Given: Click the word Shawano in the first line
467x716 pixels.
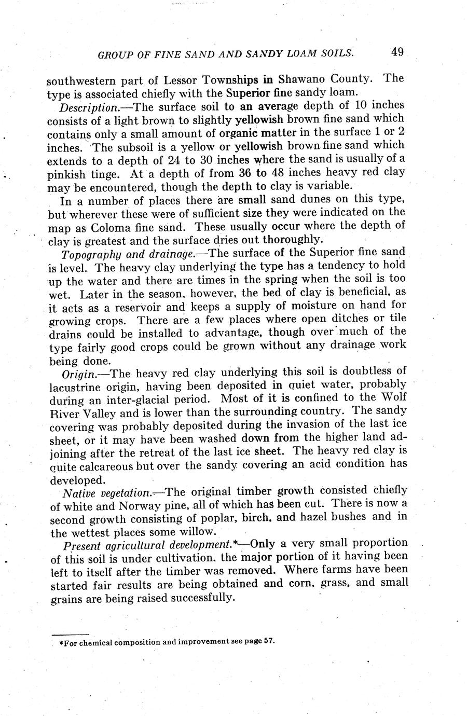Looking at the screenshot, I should click(x=298, y=79).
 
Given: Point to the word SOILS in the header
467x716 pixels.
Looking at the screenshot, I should click(x=337, y=52).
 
